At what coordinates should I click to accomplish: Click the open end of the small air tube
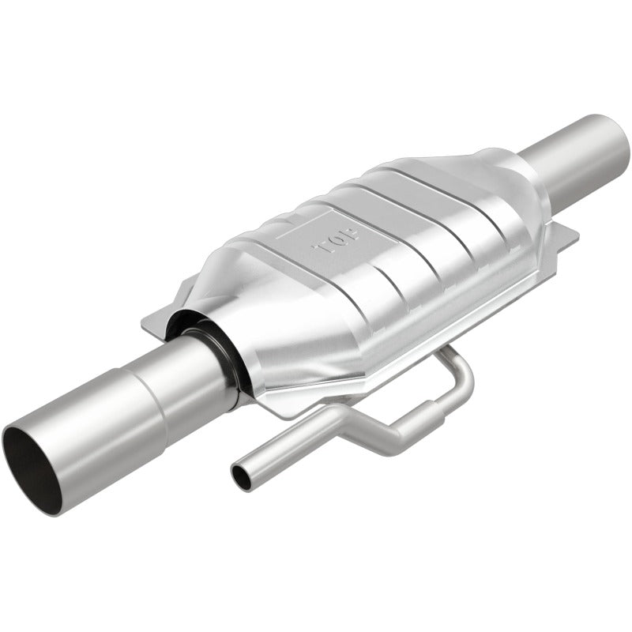(x=239, y=474)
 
